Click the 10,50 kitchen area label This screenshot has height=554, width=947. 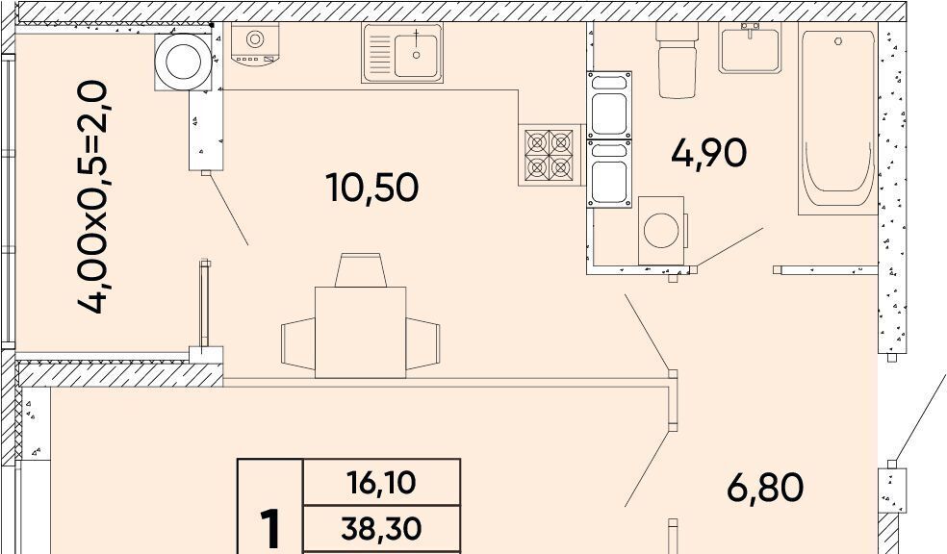372,188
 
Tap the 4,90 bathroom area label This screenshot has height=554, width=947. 709,153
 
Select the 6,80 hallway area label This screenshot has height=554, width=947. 764,488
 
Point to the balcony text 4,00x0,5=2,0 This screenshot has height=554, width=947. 93,198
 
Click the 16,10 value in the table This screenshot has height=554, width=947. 381,482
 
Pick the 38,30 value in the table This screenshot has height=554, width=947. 381,529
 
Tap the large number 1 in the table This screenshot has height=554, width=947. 270,529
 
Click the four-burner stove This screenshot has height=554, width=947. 549,155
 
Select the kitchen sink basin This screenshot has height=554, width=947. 416,55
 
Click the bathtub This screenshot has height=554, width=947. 837,119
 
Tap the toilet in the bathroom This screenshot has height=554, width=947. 677,61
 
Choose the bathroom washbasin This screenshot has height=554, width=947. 750,48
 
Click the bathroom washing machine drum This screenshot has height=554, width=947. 661,230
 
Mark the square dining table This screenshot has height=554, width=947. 361,333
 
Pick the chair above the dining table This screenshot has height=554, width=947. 361,269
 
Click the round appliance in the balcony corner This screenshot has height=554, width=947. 184,62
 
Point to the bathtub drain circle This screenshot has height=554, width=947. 838,41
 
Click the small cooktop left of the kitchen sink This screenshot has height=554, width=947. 254,43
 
